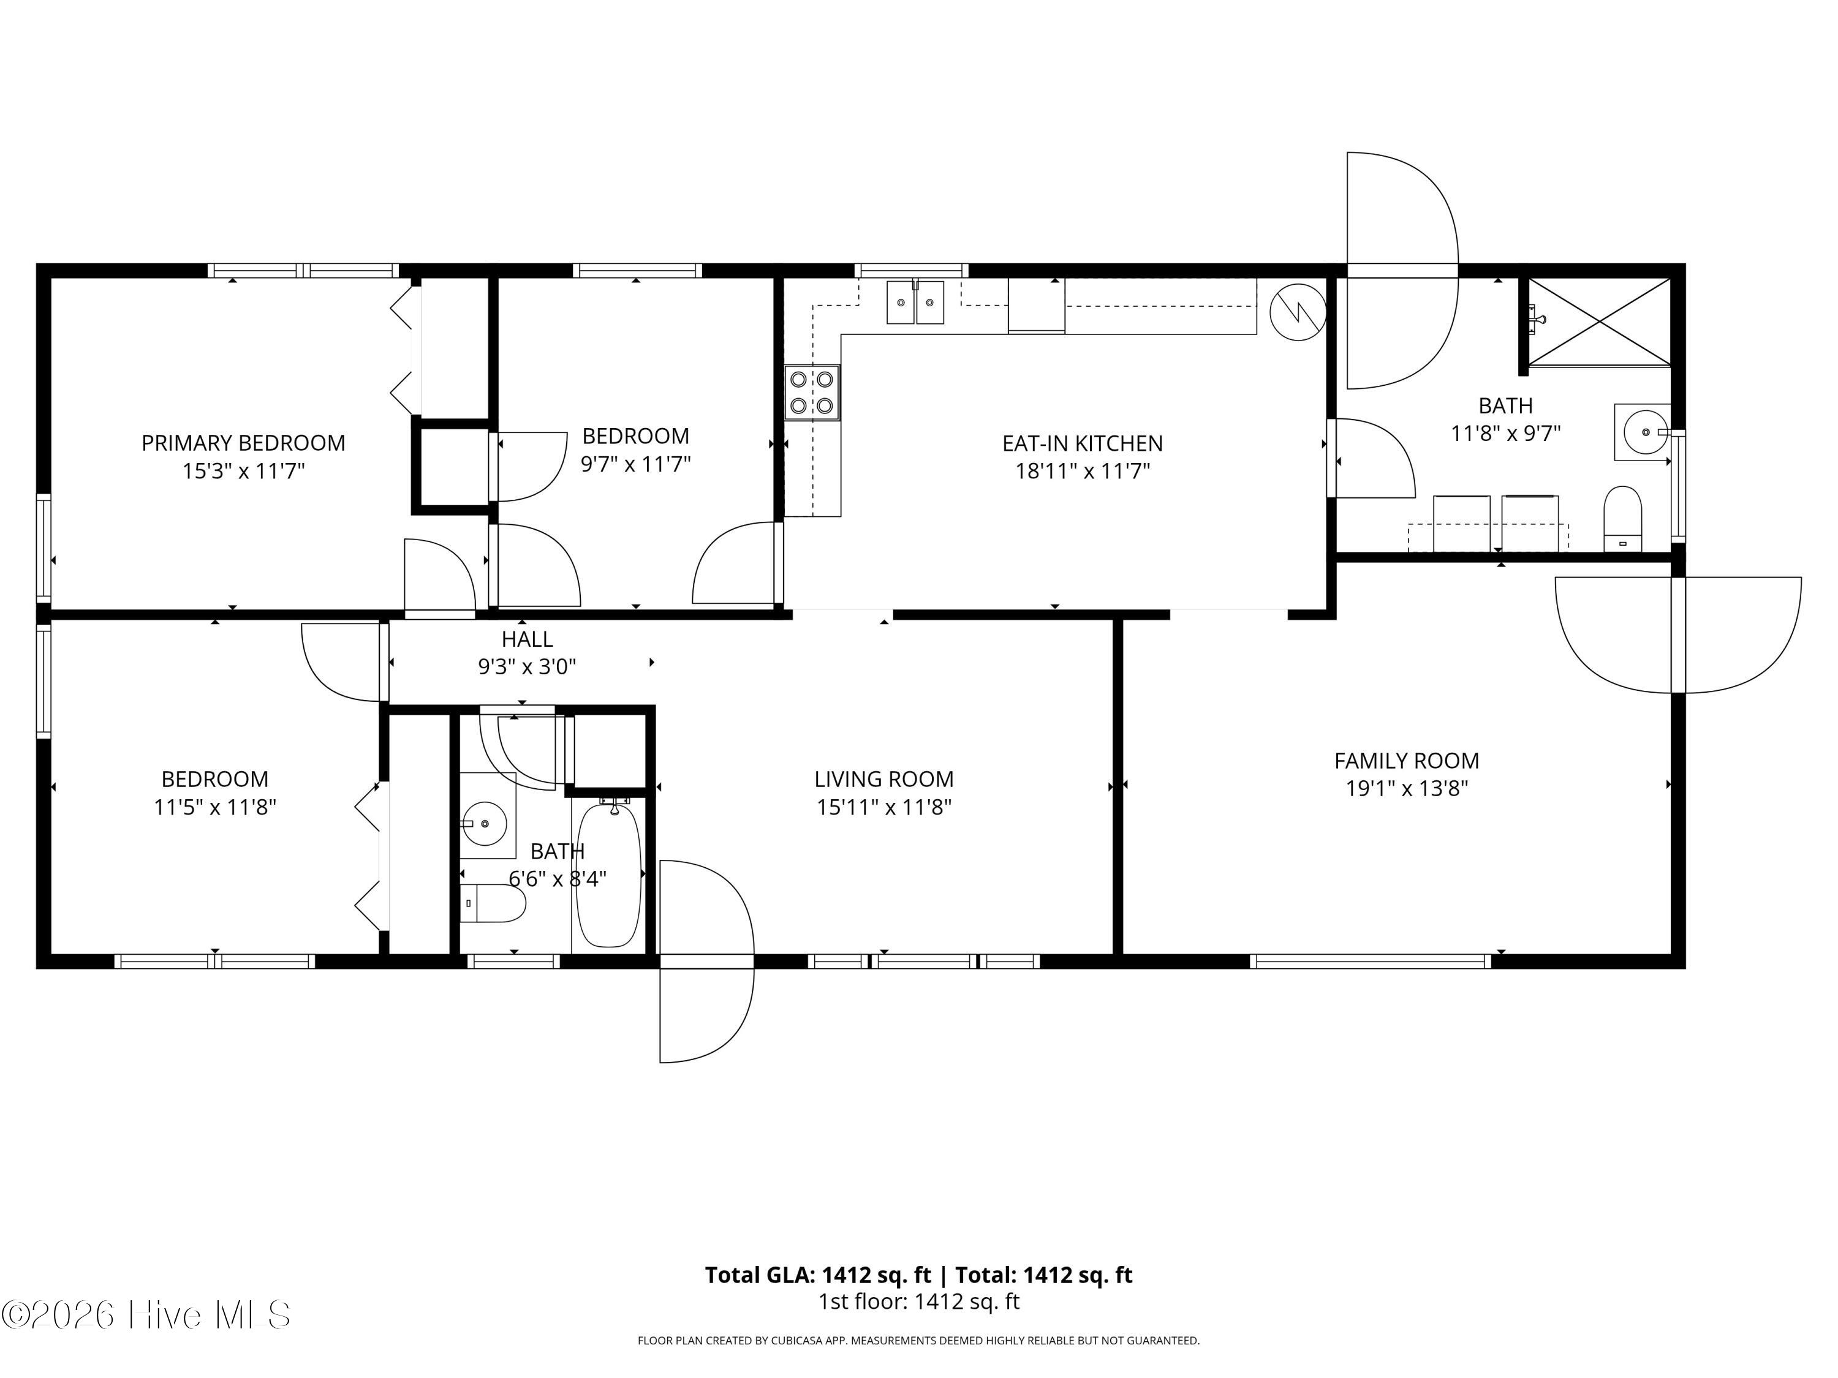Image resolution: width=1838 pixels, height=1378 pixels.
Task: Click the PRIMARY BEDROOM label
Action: (x=243, y=443)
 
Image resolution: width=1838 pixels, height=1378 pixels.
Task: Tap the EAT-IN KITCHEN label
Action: (x=1082, y=443)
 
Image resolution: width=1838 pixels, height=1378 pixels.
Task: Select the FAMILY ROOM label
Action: (x=1407, y=760)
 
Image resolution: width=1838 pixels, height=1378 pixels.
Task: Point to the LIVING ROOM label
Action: (x=884, y=779)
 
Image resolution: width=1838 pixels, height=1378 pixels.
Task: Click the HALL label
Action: (x=527, y=639)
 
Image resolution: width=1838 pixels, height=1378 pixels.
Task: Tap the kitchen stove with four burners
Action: (x=812, y=392)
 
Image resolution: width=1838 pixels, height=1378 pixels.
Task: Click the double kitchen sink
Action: (x=915, y=303)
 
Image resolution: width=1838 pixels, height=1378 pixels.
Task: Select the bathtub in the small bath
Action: (x=608, y=874)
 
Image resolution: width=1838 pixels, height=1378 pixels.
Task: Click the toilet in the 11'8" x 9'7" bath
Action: (x=1623, y=518)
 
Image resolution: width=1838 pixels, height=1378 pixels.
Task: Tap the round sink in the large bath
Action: (x=1643, y=432)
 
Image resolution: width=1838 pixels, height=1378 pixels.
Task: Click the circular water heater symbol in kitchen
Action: (x=1298, y=312)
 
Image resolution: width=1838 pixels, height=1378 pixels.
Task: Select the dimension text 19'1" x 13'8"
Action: (x=1407, y=788)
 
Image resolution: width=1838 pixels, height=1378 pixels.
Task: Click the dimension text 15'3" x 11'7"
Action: (x=243, y=471)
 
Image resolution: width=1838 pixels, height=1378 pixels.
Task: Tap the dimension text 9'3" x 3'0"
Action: (x=527, y=666)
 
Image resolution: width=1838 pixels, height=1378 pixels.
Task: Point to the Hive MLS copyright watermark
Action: (x=146, y=1314)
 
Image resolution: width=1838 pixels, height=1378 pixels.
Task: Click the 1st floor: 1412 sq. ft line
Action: (x=919, y=1301)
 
